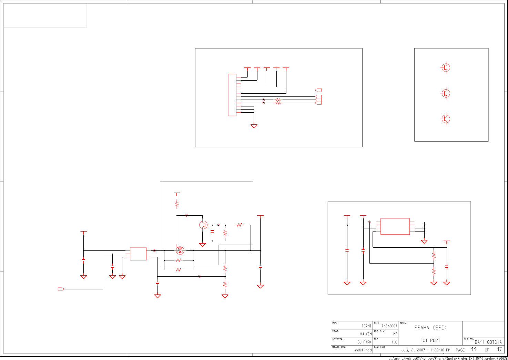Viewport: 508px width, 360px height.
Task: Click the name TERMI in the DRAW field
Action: click(366, 326)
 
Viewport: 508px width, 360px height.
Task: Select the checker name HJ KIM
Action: click(366, 334)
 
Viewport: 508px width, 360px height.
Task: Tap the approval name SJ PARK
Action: click(364, 342)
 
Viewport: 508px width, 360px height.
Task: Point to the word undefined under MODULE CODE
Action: click(363, 350)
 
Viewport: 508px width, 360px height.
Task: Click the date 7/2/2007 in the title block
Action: click(389, 326)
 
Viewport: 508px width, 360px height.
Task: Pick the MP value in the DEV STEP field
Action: click(395, 334)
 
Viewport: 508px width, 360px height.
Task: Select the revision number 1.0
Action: click(394, 342)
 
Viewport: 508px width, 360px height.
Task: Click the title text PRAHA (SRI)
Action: click(430, 328)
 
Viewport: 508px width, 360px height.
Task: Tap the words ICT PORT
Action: click(430, 340)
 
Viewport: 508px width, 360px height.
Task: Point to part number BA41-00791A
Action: click(488, 342)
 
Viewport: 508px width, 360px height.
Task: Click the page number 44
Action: click(473, 349)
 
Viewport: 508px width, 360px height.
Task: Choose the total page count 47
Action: click(499, 349)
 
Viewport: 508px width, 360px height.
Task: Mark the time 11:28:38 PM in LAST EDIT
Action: click(439, 350)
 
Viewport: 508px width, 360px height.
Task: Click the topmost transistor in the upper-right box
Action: click(446, 68)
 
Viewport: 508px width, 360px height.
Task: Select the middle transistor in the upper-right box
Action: click(446, 93)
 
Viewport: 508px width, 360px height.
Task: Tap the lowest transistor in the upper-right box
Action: click(446, 119)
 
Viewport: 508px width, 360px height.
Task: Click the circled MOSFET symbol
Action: click(180, 250)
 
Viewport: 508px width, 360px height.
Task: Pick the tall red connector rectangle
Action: click(232, 95)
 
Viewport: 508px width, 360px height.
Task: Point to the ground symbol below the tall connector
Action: click(254, 126)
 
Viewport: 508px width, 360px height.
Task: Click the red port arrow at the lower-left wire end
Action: click(61, 289)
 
